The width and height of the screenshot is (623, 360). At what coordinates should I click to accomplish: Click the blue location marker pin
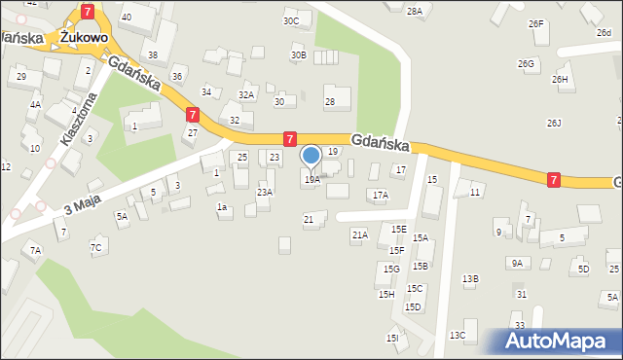(311, 156)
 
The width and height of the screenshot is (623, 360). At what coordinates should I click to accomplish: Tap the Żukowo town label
(82, 36)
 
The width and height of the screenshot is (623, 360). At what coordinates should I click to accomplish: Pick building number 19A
(311, 180)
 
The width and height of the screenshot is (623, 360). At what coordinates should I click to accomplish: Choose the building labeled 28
(330, 102)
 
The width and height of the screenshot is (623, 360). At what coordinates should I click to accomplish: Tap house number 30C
(291, 21)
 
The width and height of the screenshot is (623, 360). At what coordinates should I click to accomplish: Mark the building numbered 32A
(246, 95)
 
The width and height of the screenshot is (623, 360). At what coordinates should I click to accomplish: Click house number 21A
(359, 235)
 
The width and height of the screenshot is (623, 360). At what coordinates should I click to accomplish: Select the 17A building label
(381, 196)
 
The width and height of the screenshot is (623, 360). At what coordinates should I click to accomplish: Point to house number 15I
(391, 338)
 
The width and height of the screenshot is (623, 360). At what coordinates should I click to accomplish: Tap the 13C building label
(458, 336)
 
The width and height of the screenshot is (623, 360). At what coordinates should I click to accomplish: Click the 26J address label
(554, 124)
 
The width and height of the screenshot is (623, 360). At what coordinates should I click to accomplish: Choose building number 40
(126, 18)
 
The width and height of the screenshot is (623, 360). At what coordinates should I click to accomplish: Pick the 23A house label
(264, 193)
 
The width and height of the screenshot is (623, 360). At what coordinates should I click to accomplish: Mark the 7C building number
(95, 248)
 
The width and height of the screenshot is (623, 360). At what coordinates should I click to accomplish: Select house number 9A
(516, 263)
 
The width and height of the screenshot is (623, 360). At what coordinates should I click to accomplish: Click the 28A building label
(415, 11)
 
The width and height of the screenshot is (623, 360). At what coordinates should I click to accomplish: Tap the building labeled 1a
(222, 207)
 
